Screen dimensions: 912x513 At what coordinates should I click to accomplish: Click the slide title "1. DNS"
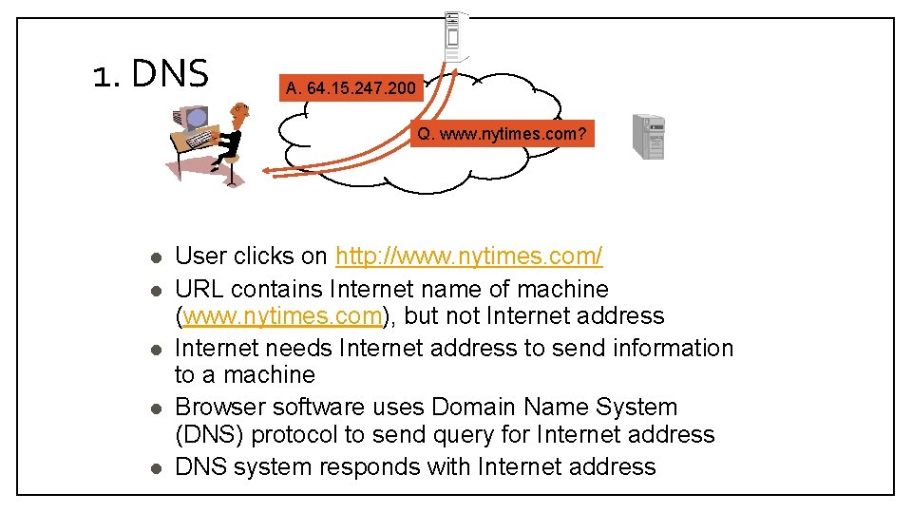(x=151, y=73)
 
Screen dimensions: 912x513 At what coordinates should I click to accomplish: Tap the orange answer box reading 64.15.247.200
(x=351, y=88)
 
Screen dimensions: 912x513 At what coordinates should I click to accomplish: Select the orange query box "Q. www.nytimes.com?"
(x=502, y=134)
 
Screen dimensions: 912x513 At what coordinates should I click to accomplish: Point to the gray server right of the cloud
(x=649, y=136)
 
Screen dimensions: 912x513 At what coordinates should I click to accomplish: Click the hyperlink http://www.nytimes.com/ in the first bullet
(x=469, y=256)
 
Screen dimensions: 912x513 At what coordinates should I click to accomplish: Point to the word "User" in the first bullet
(x=200, y=256)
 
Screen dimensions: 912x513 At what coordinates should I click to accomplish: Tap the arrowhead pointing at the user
(x=269, y=173)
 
